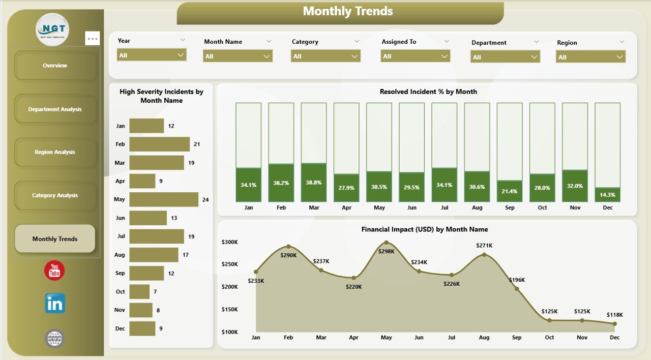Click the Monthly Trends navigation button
(55, 239)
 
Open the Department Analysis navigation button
(55, 109)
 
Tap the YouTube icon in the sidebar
(54, 271)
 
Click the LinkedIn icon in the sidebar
(55, 304)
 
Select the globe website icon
(54, 338)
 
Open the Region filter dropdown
(590, 57)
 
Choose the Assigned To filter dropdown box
(415, 56)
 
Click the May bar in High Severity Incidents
(164, 199)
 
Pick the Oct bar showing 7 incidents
(139, 291)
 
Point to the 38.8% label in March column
(314, 183)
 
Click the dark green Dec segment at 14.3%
(607, 195)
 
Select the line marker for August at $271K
(484, 255)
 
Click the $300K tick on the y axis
(230, 242)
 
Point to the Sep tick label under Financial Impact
(517, 338)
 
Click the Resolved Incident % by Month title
(428, 92)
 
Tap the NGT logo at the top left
(52, 29)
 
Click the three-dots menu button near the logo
(93, 38)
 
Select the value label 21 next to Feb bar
(197, 144)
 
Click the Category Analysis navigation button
(55, 195)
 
